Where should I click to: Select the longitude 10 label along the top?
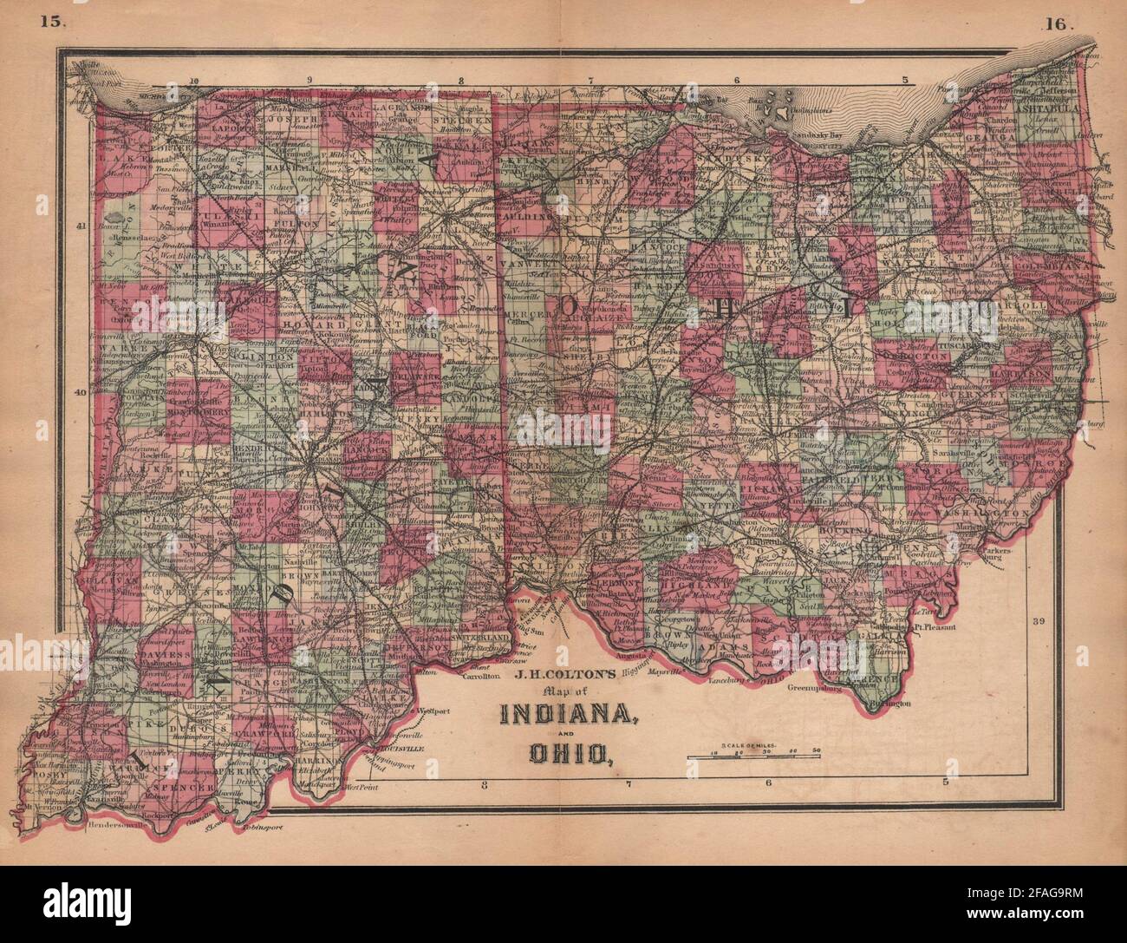[192, 81]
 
